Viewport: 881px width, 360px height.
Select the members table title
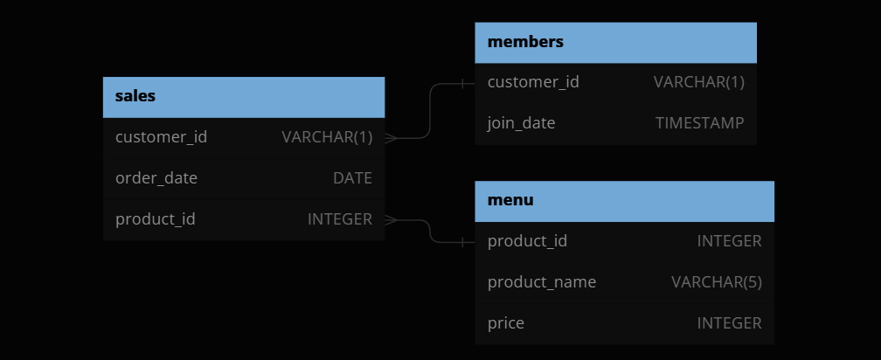[x=525, y=42]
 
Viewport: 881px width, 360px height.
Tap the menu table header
[x=510, y=200]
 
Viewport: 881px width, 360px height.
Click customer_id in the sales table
[x=161, y=137]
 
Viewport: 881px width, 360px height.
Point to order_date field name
[x=156, y=178]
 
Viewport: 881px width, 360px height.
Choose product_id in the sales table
[x=156, y=219]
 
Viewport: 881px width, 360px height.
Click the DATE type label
[x=352, y=178]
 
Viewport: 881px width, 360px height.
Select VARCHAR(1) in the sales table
[x=327, y=137]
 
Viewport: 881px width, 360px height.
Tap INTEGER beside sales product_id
[x=340, y=219]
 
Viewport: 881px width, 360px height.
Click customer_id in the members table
[x=533, y=82]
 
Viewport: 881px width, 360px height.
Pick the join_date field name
[x=521, y=123]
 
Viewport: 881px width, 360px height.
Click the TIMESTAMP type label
[x=699, y=123]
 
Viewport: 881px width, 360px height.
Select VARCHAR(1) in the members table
[x=699, y=82]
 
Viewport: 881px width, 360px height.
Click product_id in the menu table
[x=527, y=241]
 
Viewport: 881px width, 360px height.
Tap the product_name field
[x=542, y=282]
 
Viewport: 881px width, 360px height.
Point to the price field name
[x=506, y=323]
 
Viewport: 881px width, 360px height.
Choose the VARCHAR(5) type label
[x=717, y=282]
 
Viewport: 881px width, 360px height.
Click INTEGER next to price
[x=729, y=323]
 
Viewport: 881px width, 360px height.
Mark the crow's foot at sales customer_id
[x=391, y=137]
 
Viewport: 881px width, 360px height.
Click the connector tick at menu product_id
[x=463, y=241]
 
